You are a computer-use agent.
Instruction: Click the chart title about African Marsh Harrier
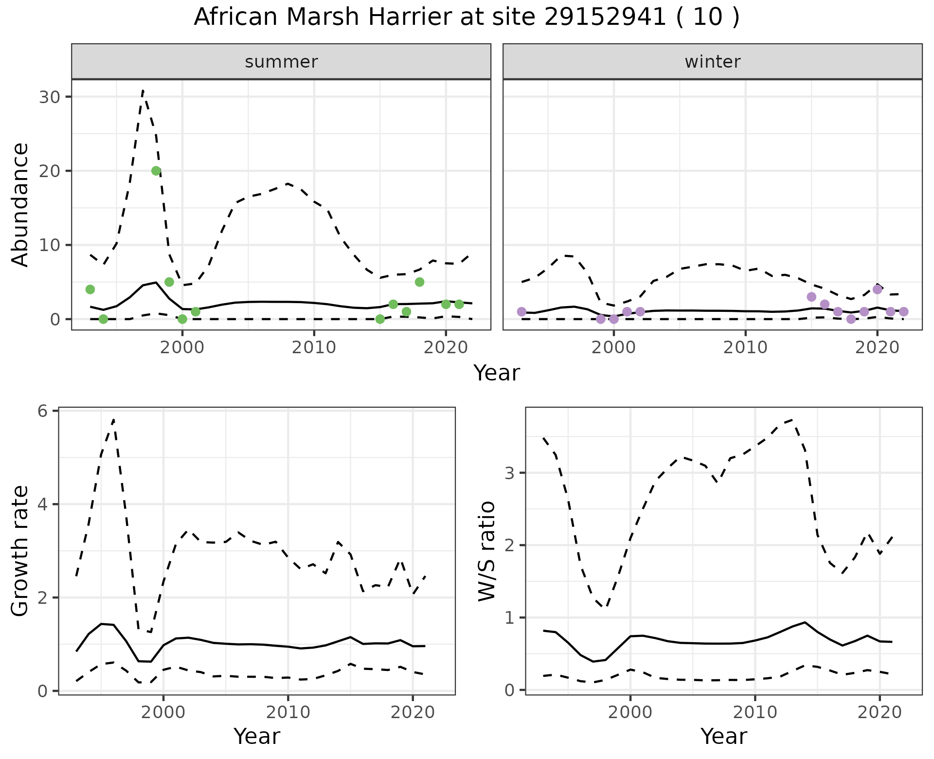coord(467,18)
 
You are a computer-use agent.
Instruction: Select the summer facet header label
coord(281,62)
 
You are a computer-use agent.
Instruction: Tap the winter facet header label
coord(712,62)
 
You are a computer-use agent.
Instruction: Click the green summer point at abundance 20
coord(156,171)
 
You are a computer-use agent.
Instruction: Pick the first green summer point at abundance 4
coord(90,289)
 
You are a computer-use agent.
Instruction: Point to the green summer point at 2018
coord(420,282)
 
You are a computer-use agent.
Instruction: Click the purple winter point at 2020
coord(878,289)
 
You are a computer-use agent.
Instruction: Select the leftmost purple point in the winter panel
coord(522,311)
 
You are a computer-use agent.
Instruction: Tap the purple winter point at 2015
coord(811,297)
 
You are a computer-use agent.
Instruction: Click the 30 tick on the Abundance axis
coord(49,97)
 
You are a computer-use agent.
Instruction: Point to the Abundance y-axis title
coord(20,205)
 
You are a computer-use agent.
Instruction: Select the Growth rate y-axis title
coord(20,551)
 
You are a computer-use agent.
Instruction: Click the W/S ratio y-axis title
coord(486,551)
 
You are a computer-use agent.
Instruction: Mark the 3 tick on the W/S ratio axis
coord(511,473)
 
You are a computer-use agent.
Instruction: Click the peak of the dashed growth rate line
coord(113,419)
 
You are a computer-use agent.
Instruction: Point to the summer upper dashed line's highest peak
coord(143,90)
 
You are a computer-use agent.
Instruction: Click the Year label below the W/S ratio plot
coord(723,737)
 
